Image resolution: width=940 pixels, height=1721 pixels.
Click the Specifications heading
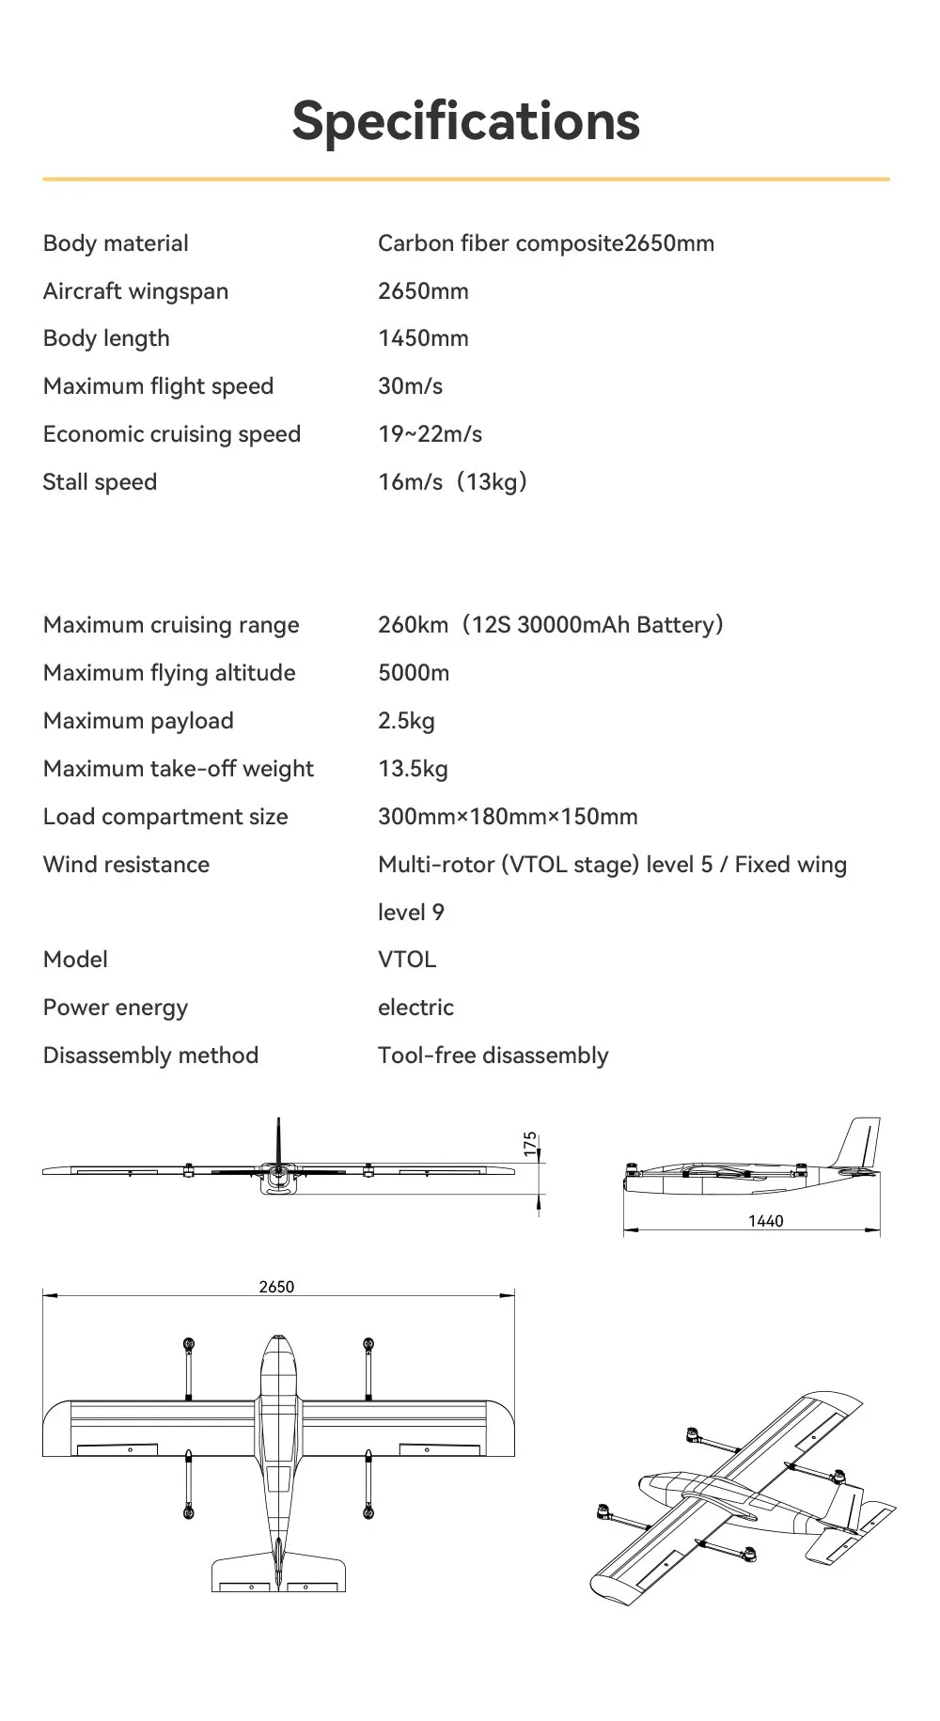[x=465, y=121]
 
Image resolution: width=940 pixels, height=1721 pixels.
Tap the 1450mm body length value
[x=423, y=338]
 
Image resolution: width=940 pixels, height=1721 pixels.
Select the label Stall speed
[x=100, y=482]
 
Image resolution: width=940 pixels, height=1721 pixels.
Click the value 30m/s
[x=410, y=386]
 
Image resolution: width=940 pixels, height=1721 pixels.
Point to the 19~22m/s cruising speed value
[x=430, y=434]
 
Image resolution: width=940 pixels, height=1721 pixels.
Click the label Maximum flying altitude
[x=169, y=673]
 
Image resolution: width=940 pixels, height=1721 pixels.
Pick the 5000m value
[x=414, y=673]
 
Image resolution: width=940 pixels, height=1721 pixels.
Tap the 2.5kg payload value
[x=406, y=721]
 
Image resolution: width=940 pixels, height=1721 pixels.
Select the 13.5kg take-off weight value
[x=413, y=769]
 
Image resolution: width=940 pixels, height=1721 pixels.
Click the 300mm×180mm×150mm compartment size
[x=508, y=817]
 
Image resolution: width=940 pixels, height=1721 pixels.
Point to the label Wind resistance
[x=126, y=865]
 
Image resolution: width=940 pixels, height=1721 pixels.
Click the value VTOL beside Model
[x=407, y=960]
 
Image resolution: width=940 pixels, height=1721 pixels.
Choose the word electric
[x=415, y=1008]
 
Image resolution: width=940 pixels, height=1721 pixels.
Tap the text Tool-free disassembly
[x=493, y=1056]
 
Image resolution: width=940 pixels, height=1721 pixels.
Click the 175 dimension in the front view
[x=530, y=1143]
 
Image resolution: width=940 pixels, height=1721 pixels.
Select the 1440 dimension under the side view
[x=765, y=1221]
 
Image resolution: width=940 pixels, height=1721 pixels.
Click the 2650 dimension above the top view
[x=276, y=1287]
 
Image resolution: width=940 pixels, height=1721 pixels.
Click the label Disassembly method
[x=150, y=1056]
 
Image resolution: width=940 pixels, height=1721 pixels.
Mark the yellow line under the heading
[x=465, y=179]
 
